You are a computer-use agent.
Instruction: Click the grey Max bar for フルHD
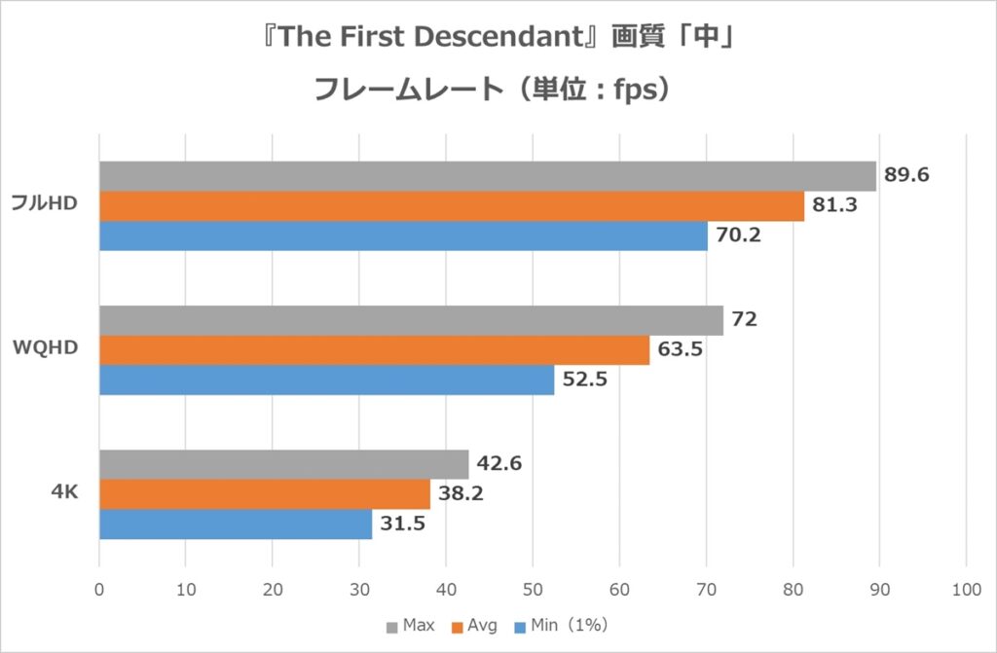tap(487, 176)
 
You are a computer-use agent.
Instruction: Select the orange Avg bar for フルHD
tap(452, 206)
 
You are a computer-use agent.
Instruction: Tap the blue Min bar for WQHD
tap(326, 380)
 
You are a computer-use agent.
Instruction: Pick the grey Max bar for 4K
tap(283, 464)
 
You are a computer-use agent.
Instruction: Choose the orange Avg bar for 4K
tap(265, 494)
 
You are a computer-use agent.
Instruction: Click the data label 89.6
tap(905, 176)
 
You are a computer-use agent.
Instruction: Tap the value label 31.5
tap(401, 525)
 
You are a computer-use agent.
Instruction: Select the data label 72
tap(745, 320)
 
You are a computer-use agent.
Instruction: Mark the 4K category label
tap(64, 493)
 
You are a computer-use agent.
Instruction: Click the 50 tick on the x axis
tap(533, 589)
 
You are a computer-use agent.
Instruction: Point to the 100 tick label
tap(965, 589)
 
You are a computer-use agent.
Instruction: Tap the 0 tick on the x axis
tap(99, 589)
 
